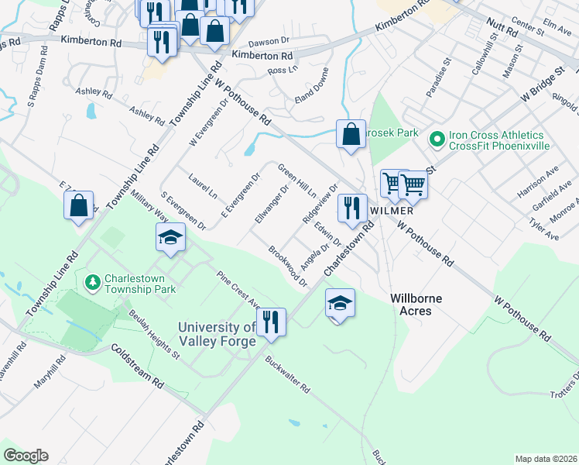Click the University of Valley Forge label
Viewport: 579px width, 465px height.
[216, 335]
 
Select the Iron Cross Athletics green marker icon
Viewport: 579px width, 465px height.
[437, 139]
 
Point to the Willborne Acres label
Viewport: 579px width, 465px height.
[421, 304]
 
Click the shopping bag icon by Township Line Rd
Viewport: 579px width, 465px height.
[78, 205]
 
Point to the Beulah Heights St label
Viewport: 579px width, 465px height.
[154, 341]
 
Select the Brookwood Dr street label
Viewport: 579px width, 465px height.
[288, 266]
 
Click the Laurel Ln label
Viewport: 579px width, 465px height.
[203, 187]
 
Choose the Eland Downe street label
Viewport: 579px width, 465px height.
[313, 99]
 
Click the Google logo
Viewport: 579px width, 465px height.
[26, 455]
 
